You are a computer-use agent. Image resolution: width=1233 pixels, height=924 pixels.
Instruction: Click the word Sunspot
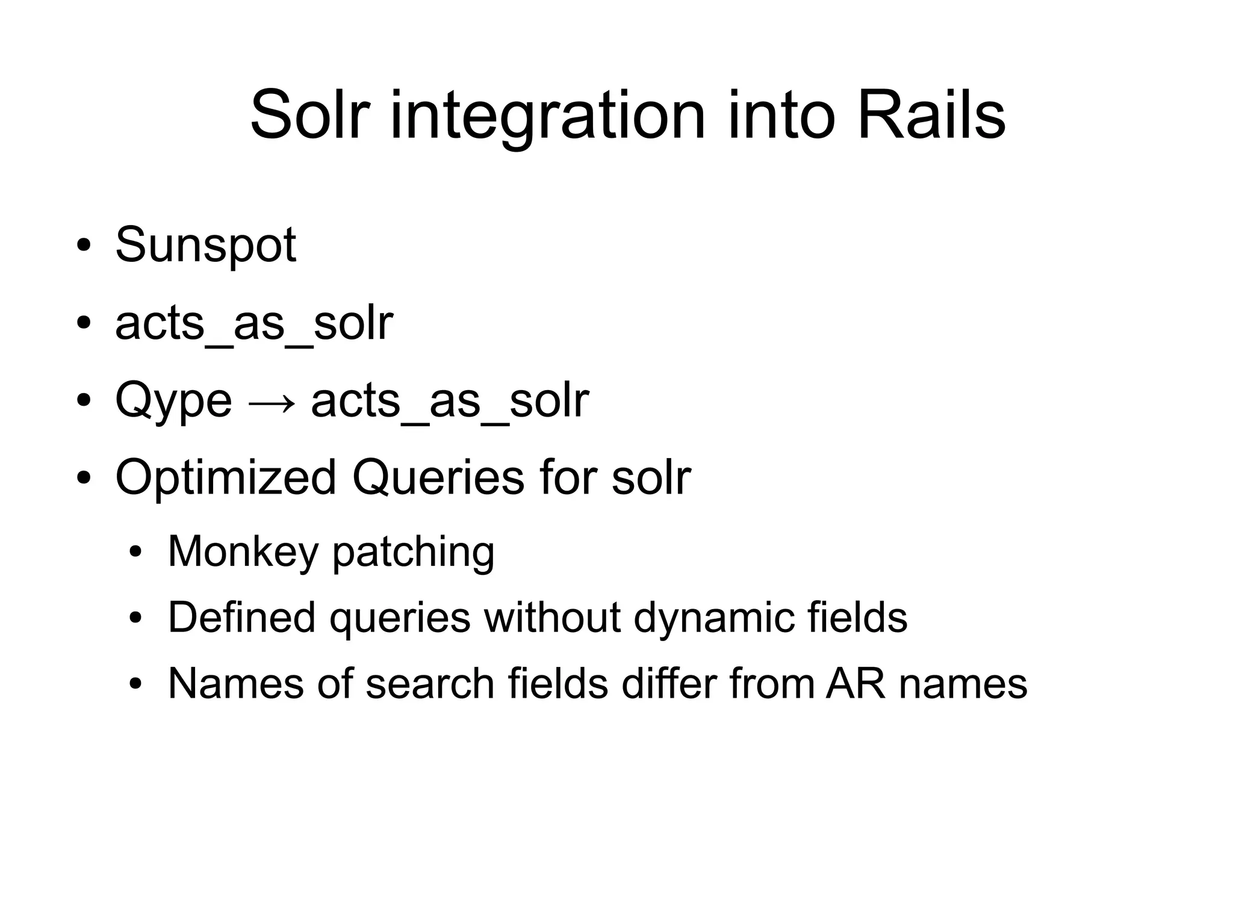205,246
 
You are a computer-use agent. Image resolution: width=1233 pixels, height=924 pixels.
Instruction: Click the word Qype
173,402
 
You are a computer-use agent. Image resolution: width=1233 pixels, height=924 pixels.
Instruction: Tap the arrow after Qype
272,403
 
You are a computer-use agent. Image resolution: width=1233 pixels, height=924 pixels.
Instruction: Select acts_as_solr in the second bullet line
254,324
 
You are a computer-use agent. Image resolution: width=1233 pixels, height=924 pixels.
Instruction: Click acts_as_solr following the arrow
450,402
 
